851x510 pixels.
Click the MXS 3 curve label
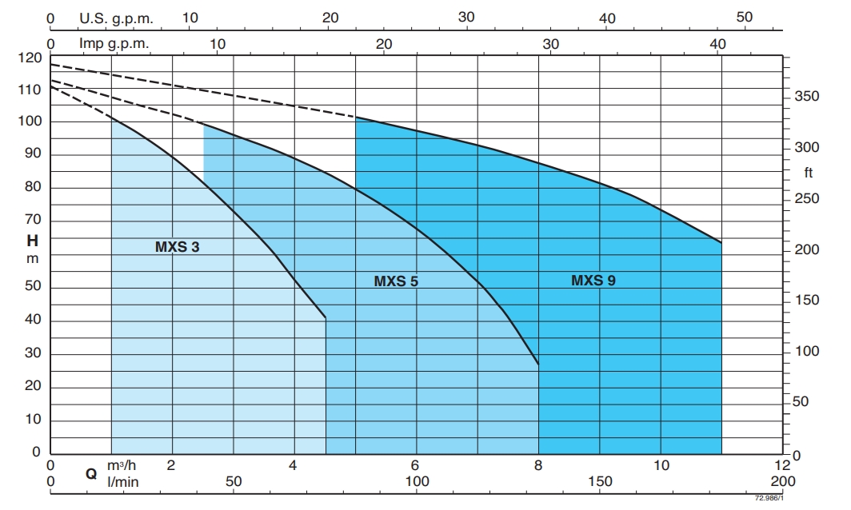pos(177,247)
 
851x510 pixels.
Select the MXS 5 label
pos(396,281)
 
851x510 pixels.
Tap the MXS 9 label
pos(593,281)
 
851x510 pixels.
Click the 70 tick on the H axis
pos(32,221)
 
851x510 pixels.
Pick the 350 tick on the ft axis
pos(807,97)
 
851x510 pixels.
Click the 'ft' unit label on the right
pos(808,173)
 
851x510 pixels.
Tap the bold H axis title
pos(32,240)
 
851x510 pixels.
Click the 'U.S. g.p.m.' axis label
pos(116,18)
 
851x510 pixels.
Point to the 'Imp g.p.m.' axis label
pos(114,43)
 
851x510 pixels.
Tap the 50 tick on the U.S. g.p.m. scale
pos(744,18)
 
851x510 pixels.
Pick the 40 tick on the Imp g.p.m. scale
pos(717,44)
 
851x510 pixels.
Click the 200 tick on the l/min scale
pos(782,481)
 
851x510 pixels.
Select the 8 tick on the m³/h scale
pos(538,465)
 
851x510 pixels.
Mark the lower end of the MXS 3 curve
pos(326,318)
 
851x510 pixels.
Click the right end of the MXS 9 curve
pos(721,242)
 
